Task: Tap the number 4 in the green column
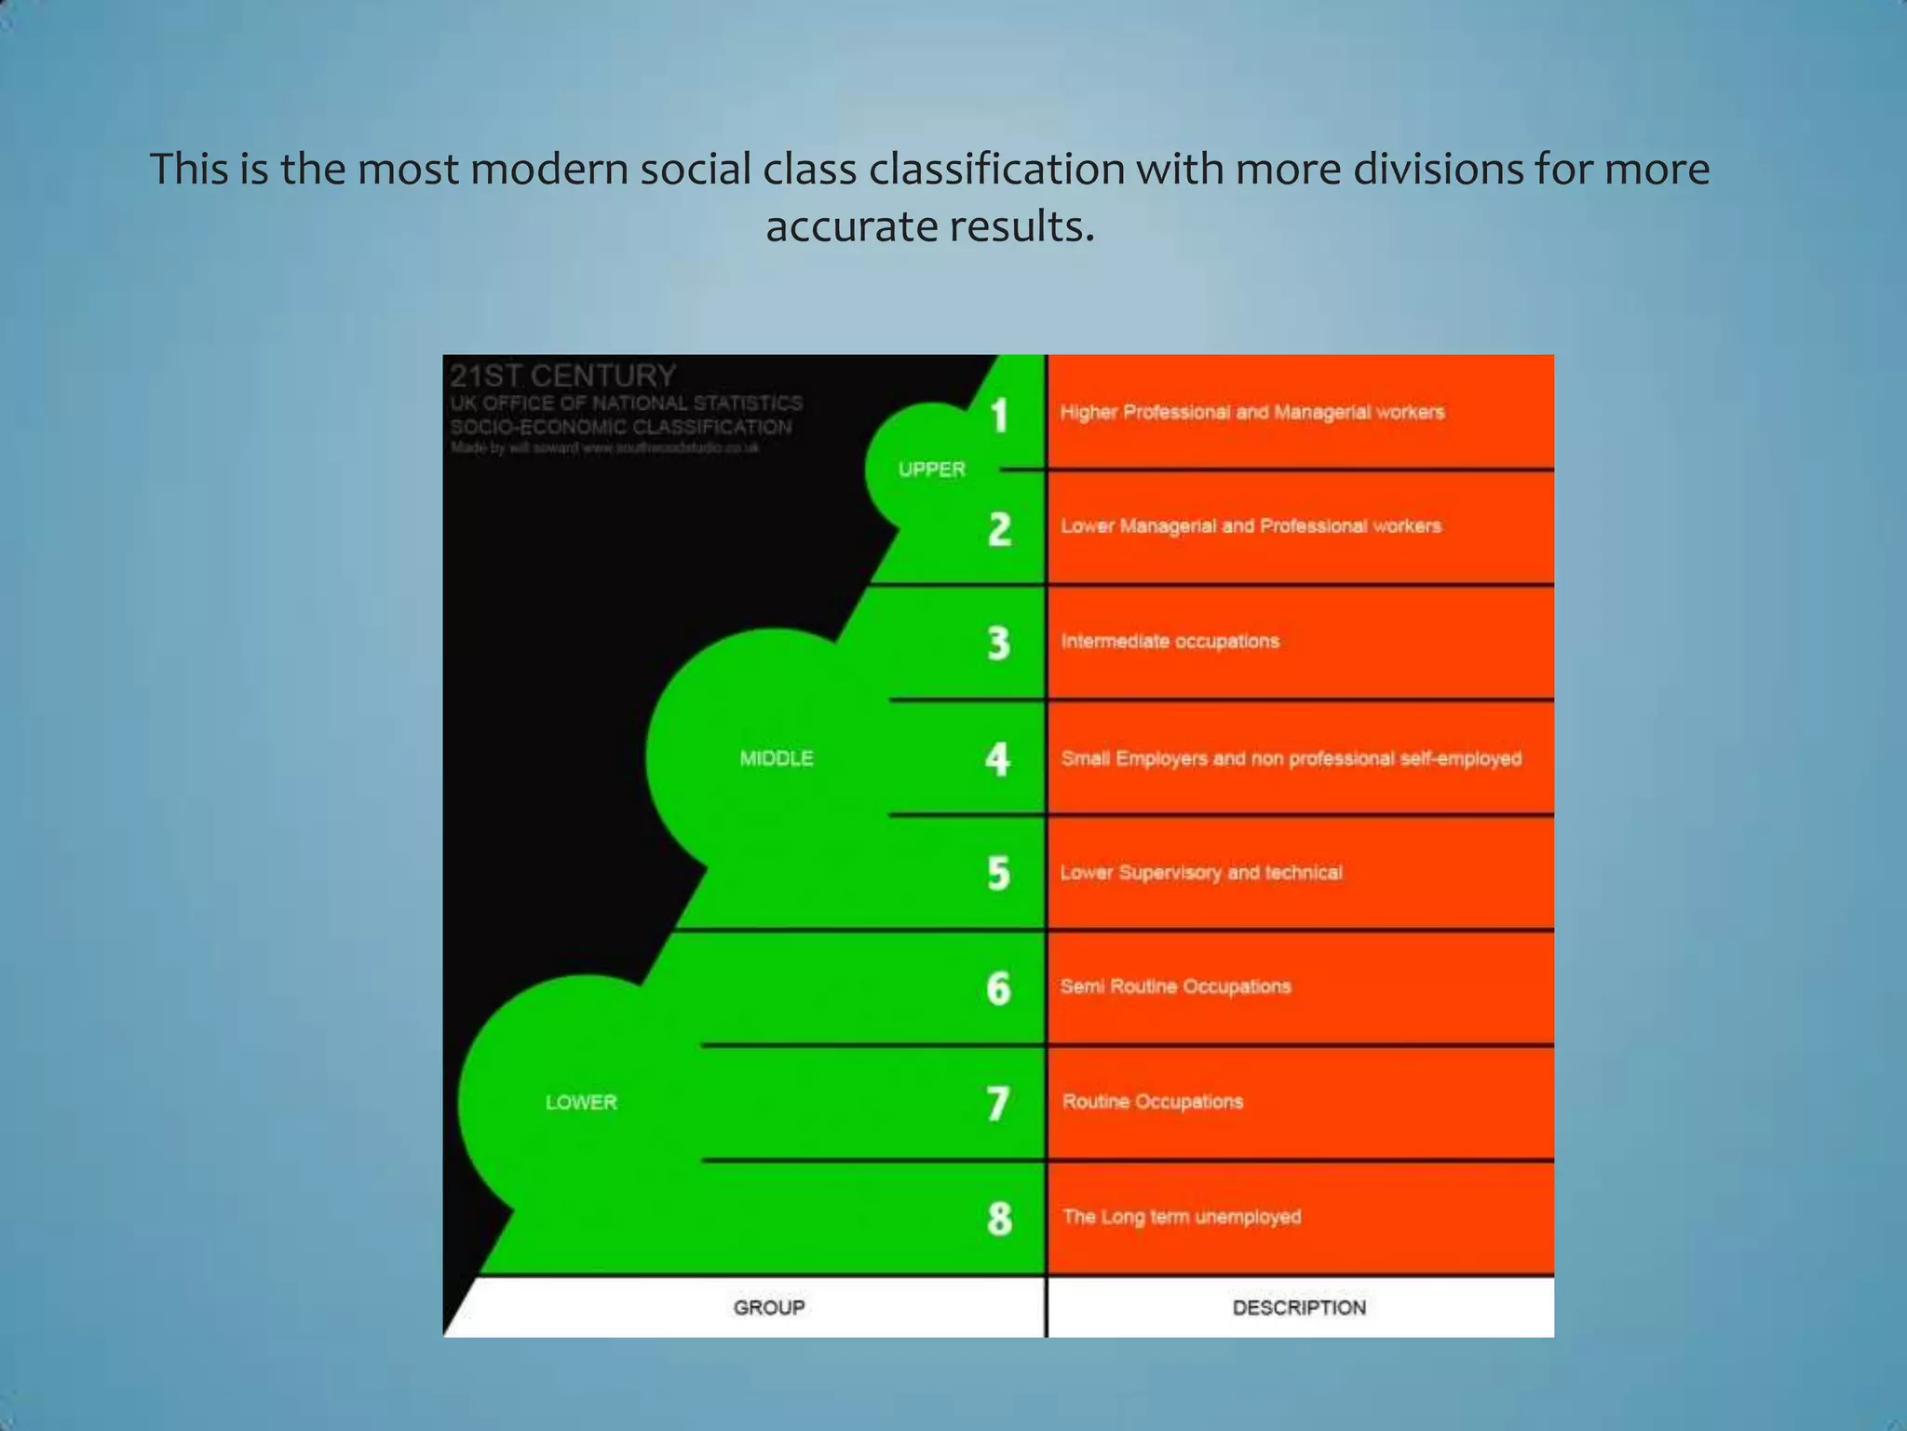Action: pyautogui.click(x=997, y=759)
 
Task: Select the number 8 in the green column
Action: pyautogui.click(x=999, y=1219)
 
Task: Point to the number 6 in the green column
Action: pyautogui.click(x=998, y=988)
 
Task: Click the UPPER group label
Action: pyautogui.click(x=931, y=470)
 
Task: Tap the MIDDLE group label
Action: pyautogui.click(x=777, y=758)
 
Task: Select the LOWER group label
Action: pyautogui.click(x=581, y=1102)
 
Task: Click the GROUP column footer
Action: pyautogui.click(x=768, y=1307)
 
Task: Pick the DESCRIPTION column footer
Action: pyautogui.click(x=1299, y=1307)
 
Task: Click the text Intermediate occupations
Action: pyautogui.click(x=1170, y=641)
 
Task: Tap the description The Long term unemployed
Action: pyautogui.click(x=1181, y=1217)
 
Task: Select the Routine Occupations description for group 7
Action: pyautogui.click(x=1152, y=1101)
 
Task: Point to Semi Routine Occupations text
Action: pyautogui.click(x=1175, y=987)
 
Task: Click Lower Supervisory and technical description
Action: pyautogui.click(x=1201, y=873)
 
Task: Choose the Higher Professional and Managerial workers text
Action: pyautogui.click(x=1252, y=412)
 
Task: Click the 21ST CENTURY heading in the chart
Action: pyautogui.click(x=562, y=375)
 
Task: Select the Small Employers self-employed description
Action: pyautogui.click(x=1291, y=758)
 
